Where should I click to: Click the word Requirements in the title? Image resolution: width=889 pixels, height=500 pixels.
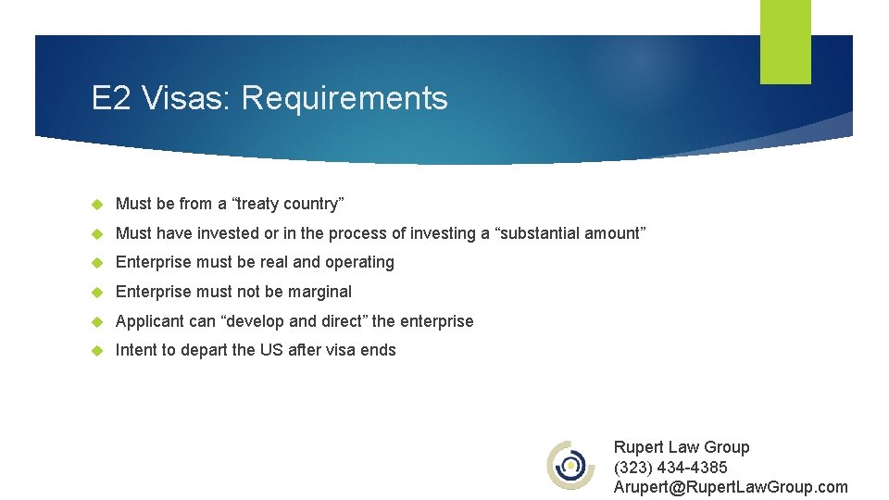click(x=344, y=98)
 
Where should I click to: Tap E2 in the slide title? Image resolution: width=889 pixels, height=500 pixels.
click(x=111, y=98)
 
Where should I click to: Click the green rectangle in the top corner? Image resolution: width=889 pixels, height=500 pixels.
click(x=785, y=41)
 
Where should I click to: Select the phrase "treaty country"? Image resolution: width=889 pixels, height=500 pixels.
click(x=294, y=204)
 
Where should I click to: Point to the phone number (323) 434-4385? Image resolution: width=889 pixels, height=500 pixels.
click(x=670, y=467)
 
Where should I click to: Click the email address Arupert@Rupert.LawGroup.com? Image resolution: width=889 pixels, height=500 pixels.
click(x=730, y=487)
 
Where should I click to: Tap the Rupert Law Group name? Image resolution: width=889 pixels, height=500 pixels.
click(x=682, y=447)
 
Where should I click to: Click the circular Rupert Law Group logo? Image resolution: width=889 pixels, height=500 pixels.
click(x=570, y=465)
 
